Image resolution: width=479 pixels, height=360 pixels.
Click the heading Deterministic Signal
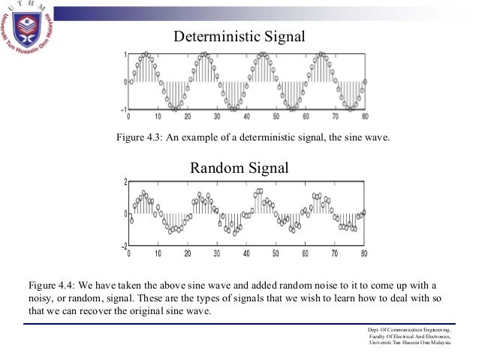pyautogui.click(x=240, y=35)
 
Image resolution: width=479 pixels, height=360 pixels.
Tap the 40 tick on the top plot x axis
pyautogui.click(x=246, y=116)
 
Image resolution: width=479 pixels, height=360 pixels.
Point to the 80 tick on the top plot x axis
pyautogui.click(x=365, y=116)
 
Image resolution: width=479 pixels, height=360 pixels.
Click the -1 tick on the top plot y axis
pyautogui.click(x=122, y=109)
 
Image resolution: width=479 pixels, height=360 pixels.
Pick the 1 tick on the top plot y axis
pyautogui.click(x=124, y=54)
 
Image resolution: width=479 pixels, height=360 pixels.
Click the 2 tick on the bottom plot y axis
pyautogui.click(x=125, y=182)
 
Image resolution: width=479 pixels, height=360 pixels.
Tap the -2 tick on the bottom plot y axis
pyautogui.click(x=122, y=246)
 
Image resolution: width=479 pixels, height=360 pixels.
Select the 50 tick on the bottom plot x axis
pyautogui.click(x=276, y=253)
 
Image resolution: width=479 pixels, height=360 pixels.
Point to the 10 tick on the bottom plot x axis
pyautogui.click(x=158, y=253)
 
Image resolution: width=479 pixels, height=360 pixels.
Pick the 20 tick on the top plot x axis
pyautogui.click(x=187, y=116)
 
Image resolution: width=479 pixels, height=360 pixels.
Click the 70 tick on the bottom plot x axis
pyautogui.click(x=335, y=253)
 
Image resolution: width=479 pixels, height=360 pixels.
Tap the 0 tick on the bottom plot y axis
pyautogui.click(x=125, y=214)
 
